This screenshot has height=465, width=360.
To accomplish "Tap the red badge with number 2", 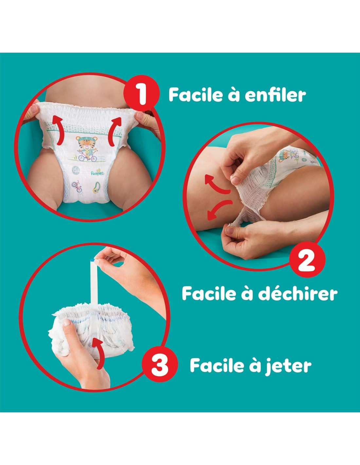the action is pos(307,260).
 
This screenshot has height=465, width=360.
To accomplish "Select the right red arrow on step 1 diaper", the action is pos(115,131).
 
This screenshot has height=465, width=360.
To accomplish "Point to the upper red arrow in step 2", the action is pos(216,184).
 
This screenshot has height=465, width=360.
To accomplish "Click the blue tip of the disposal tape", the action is pos(93,260).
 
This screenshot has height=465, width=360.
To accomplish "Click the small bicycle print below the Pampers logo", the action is pos(77,186).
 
